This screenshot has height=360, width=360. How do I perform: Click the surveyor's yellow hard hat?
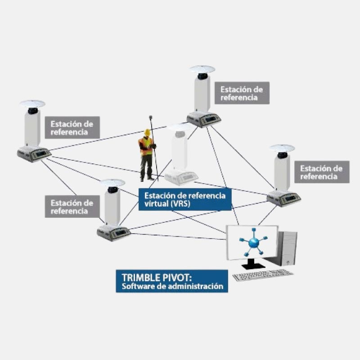147,132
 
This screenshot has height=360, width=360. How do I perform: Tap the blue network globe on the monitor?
254,243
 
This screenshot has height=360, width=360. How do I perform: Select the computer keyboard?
263,274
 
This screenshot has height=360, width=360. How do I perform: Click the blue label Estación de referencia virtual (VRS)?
185,198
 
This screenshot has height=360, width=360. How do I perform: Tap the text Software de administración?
173,286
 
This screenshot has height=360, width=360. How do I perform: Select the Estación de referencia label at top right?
242,93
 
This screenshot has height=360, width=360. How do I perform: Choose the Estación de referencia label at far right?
321,172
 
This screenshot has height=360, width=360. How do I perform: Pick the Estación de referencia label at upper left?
72,128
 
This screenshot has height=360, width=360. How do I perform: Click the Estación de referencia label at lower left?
72,207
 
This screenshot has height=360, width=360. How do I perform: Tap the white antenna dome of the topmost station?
202,69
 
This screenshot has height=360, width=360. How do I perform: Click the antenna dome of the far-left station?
32,103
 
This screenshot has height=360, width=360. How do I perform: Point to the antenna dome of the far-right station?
282,148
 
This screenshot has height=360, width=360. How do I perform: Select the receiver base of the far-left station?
34,153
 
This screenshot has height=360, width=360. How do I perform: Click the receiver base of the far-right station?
283,198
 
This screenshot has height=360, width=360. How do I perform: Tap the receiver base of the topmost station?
204,119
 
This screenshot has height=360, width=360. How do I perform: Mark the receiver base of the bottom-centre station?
114,233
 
